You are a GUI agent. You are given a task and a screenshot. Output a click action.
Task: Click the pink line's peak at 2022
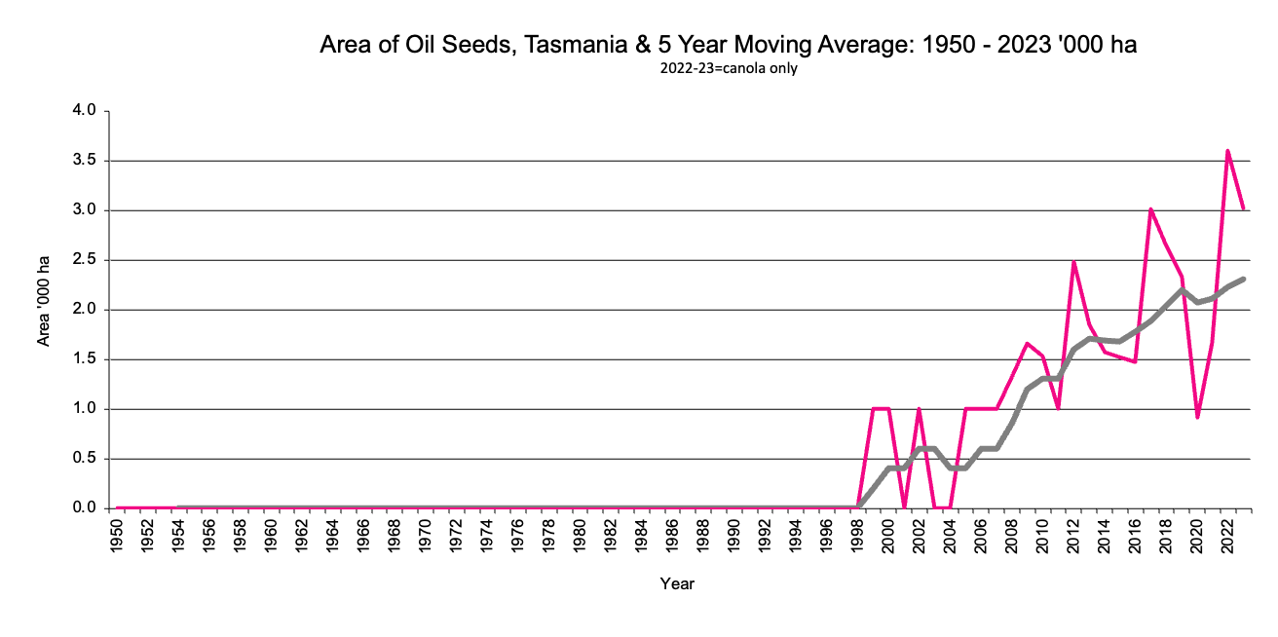pyautogui.click(x=1227, y=151)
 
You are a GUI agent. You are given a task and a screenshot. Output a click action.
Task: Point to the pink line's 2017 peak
pyautogui.click(x=1150, y=209)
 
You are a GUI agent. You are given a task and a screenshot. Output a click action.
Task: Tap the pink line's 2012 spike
pyautogui.click(x=1073, y=261)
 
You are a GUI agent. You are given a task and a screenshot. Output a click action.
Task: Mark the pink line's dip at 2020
pyautogui.click(x=1197, y=417)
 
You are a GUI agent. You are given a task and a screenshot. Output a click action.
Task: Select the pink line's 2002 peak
pyautogui.click(x=919, y=409)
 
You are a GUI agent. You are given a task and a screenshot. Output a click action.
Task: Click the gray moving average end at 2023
pyautogui.click(x=1244, y=280)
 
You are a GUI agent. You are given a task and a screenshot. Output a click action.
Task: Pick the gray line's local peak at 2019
pyautogui.click(x=1182, y=289)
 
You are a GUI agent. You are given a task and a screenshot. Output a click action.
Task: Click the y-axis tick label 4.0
pyautogui.click(x=85, y=111)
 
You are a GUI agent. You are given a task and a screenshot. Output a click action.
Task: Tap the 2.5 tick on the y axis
pyautogui.click(x=85, y=260)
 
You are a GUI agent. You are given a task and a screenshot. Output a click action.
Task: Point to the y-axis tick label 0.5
pyautogui.click(x=85, y=459)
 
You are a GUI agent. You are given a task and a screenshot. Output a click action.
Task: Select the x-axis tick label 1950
pyautogui.click(x=118, y=541)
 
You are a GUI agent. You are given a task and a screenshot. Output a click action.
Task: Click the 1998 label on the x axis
pyautogui.click(x=858, y=541)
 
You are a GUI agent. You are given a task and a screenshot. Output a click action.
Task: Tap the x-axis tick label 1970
pyautogui.click(x=426, y=541)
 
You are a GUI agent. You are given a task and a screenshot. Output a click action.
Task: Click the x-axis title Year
pyautogui.click(x=677, y=584)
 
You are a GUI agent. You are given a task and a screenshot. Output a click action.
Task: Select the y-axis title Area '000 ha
pyautogui.click(x=44, y=309)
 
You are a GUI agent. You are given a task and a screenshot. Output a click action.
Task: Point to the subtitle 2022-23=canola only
pyautogui.click(x=729, y=69)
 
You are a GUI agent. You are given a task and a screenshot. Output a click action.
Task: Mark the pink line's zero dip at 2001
pyautogui.click(x=904, y=506)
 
